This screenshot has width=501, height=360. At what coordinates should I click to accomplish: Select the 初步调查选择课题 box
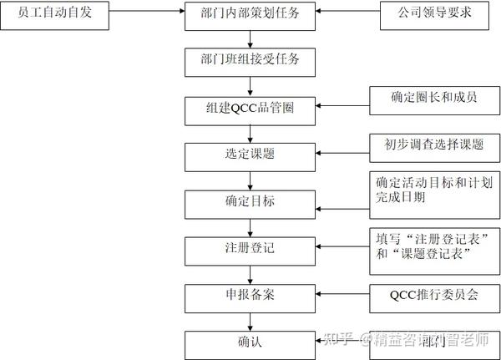(x=434, y=145)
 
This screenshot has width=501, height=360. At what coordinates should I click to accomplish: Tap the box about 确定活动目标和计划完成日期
(x=434, y=191)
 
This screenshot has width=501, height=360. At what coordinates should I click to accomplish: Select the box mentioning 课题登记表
(x=434, y=247)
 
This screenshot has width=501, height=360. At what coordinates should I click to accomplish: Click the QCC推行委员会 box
(x=434, y=296)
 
